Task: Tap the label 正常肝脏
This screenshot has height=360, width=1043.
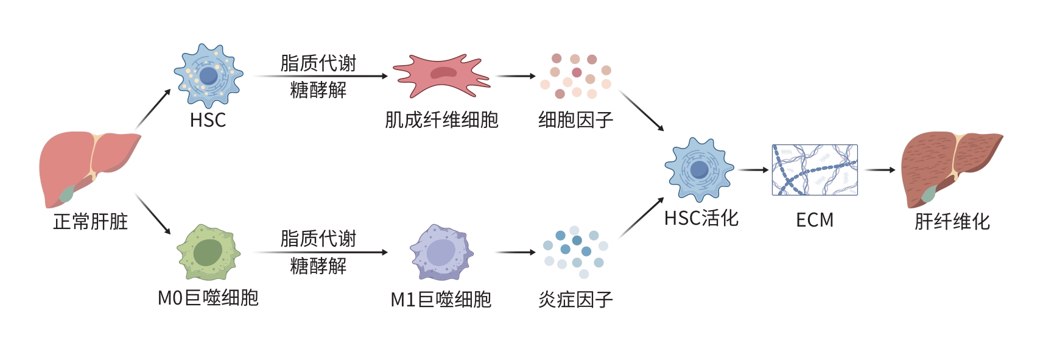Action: coord(90,221)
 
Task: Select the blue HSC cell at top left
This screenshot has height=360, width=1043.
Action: coord(208,76)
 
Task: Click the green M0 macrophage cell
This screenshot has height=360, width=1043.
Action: coord(208,252)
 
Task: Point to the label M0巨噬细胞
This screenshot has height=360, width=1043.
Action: coord(208,298)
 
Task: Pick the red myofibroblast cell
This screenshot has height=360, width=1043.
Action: coord(442,76)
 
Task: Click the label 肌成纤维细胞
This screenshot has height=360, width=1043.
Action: coord(441,120)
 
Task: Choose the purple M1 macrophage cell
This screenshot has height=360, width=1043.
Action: coord(441,252)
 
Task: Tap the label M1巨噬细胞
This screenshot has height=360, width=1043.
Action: coord(441,299)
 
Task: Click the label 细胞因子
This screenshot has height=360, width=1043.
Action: coord(575,120)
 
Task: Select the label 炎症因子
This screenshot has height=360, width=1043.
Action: coord(575,299)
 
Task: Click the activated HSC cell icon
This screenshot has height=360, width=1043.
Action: coord(699,169)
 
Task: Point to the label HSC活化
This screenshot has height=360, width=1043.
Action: coord(701,218)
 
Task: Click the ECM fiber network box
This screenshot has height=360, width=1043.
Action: coord(814,170)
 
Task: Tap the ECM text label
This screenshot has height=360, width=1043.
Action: coord(814,220)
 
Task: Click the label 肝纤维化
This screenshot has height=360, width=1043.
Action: coord(952,221)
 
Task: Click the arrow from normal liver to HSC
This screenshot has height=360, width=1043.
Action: coord(153,109)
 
